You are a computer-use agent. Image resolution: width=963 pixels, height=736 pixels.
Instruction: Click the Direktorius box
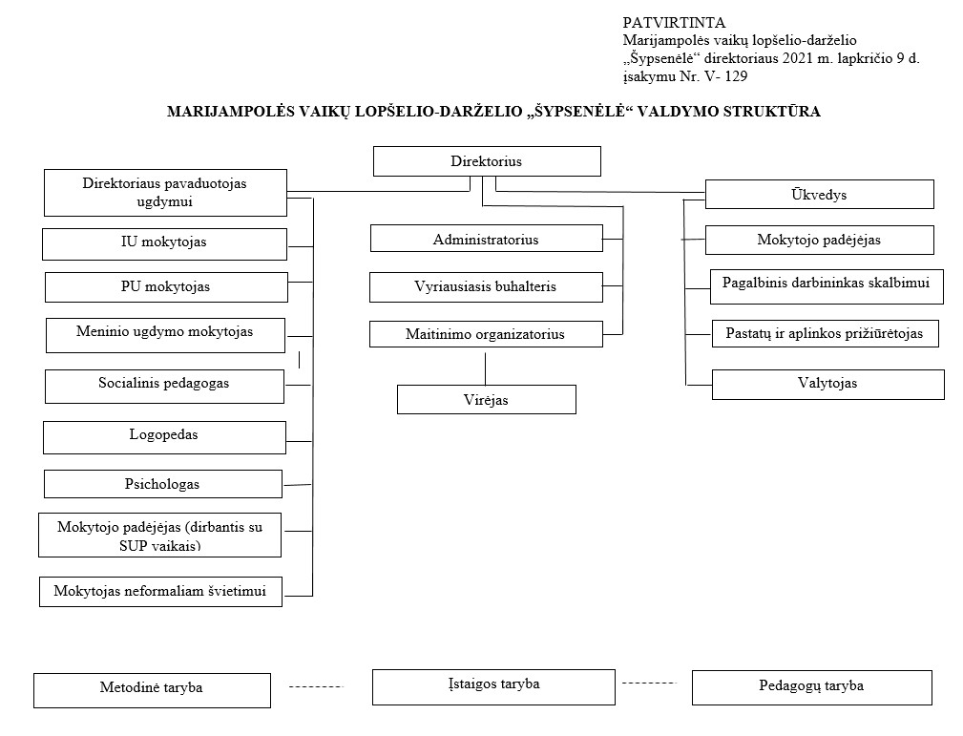[487, 161]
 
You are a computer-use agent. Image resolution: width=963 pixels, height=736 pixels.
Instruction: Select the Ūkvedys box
[819, 194]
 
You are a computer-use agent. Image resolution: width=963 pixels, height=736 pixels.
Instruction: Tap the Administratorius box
[487, 239]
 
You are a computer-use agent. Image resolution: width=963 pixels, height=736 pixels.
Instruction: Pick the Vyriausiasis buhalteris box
[486, 287]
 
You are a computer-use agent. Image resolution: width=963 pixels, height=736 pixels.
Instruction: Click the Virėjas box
[487, 399]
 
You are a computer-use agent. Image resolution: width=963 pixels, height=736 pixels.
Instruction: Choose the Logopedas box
[164, 437]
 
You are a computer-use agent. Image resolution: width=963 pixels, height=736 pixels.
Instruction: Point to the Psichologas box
[163, 484]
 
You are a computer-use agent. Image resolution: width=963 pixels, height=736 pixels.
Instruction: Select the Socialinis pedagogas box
[164, 387]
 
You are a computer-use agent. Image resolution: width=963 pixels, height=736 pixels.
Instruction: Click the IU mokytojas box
[164, 244]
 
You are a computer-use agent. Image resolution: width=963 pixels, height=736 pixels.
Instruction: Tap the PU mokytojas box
[166, 287]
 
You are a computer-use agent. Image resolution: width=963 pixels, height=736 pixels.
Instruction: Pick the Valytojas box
[827, 385]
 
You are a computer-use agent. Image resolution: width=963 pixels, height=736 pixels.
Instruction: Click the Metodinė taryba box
[152, 690]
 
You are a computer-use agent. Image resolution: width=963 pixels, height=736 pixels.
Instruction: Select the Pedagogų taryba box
[812, 687]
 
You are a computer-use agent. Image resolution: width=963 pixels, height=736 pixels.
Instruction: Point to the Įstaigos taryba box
[493, 687]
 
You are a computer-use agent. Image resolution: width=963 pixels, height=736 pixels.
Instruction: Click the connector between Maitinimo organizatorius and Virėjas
[485, 367]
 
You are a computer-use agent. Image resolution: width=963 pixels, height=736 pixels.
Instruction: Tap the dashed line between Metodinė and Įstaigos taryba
[316, 686]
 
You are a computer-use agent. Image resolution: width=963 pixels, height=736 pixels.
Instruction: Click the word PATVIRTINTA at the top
[674, 23]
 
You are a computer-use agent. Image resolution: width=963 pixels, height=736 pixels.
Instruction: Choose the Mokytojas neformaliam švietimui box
[161, 592]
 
